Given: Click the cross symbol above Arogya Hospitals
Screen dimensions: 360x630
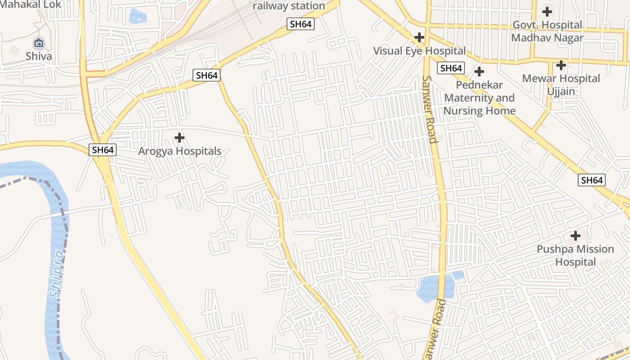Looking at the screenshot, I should point(180,137).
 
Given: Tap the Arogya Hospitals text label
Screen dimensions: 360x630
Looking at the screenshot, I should point(180,151).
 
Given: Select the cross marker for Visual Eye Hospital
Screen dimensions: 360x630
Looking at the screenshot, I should point(419,37).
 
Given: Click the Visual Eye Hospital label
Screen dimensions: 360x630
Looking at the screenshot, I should point(419,51).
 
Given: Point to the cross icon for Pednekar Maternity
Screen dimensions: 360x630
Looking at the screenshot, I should point(479,72).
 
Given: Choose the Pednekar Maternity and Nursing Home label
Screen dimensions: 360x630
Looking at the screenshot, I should point(479,98).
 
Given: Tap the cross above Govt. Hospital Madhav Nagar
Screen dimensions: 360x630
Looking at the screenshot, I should point(547,12).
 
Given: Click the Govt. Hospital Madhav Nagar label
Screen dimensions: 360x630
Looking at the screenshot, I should point(547,31).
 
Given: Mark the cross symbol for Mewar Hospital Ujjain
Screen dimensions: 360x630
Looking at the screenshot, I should point(561,65).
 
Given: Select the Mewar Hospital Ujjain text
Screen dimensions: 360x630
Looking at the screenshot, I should point(561,85).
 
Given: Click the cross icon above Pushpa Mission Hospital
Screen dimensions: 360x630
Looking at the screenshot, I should point(575,235).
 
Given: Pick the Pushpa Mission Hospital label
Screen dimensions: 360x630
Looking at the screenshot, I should point(575,255).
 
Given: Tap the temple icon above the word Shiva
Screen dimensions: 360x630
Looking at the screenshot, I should point(39,43).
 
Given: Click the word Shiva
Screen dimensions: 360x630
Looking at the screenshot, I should point(39,56).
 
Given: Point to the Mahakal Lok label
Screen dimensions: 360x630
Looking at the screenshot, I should point(31,4).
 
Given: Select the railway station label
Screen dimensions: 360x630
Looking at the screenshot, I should point(288,6).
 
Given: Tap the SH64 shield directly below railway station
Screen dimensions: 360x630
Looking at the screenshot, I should point(301,24).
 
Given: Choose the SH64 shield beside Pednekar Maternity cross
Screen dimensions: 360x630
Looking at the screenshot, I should point(451,68).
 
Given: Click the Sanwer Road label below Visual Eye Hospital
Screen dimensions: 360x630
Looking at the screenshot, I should point(430,109).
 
